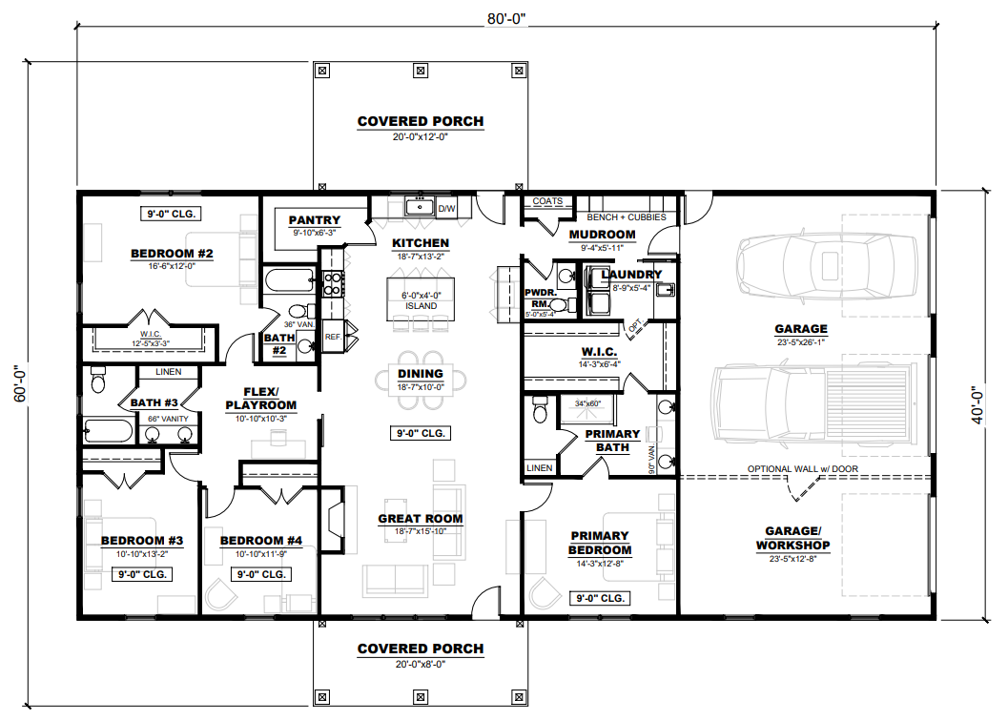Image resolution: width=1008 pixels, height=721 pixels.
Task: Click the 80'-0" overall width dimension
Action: click(506, 19)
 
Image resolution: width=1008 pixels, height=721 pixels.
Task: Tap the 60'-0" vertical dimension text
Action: click(20, 384)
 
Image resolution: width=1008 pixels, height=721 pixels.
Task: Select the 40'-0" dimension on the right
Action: click(977, 404)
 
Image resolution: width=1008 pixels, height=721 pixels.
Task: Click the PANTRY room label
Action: click(315, 220)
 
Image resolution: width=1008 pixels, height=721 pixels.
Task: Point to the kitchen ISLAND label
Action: click(422, 306)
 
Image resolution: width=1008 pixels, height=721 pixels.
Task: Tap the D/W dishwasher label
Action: click(447, 209)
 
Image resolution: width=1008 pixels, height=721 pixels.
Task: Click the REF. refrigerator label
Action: click(333, 337)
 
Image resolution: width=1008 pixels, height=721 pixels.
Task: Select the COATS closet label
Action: click(547, 201)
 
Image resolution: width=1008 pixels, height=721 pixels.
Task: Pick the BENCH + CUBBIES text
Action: click(627, 217)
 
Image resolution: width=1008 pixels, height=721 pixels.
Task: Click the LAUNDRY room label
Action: click(631, 275)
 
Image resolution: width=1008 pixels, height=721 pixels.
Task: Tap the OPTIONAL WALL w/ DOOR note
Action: click(802, 469)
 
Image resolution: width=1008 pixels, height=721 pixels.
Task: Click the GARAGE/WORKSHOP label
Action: click(792, 538)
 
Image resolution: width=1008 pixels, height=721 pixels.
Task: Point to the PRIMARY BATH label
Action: click(612, 441)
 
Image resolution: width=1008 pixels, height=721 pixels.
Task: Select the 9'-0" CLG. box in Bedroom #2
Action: click(171, 214)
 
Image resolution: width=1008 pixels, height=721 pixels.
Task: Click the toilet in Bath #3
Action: click(97, 380)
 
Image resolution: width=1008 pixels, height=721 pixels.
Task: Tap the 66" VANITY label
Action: click(169, 419)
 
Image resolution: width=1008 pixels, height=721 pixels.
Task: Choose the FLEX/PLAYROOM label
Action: click(261, 399)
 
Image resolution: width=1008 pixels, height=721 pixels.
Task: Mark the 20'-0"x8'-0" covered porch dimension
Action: click(421, 665)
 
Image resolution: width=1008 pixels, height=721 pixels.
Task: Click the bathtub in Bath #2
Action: click(289, 281)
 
